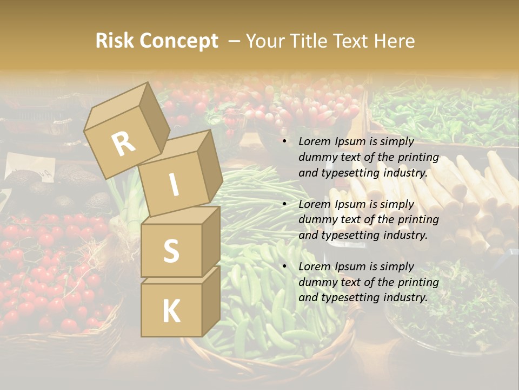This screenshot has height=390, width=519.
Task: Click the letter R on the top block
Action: [124, 144]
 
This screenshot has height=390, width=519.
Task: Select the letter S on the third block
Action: [171, 250]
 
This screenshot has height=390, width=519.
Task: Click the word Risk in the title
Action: [114, 41]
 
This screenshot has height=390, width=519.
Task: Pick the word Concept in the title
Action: [179, 41]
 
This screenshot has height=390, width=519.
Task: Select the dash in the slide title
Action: [235, 41]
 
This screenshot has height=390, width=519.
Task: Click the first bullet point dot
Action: [284, 142]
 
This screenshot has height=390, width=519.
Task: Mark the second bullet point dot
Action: [284, 205]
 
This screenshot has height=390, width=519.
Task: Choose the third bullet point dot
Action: [284, 267]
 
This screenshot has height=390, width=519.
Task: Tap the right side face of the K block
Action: [211, 301]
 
